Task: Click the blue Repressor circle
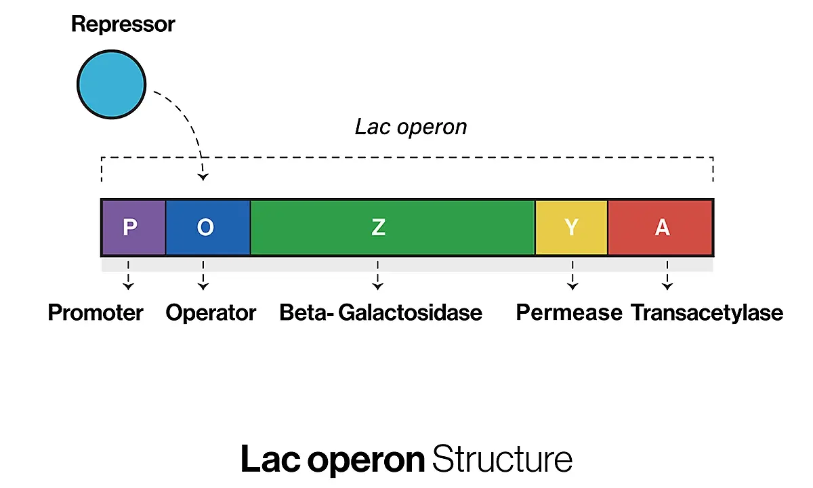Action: coord(111,84)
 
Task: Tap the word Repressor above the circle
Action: coord(123,24)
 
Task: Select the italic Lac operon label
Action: coord(411,127)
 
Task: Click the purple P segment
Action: coord(134,227)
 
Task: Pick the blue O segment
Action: coord(208,227)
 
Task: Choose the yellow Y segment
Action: coord(572,227)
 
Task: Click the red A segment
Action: coord(660,227)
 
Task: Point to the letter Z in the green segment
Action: coord(378,227)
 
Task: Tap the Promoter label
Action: coord(96,312)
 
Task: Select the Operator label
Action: coord(211,313)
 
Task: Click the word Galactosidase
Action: coord(410,312)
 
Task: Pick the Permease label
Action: coord(569,312)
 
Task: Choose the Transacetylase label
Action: coord(707,313)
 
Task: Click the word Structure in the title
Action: coord(502,459)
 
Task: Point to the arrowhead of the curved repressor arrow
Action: coord(203,177)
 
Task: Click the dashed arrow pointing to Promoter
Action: coord(128,275)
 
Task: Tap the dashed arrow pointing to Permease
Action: coord(572,275)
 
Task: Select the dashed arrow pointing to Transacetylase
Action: coord(667,275)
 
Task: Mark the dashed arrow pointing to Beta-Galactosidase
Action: coord(378,275)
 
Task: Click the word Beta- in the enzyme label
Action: coord(307,312)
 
